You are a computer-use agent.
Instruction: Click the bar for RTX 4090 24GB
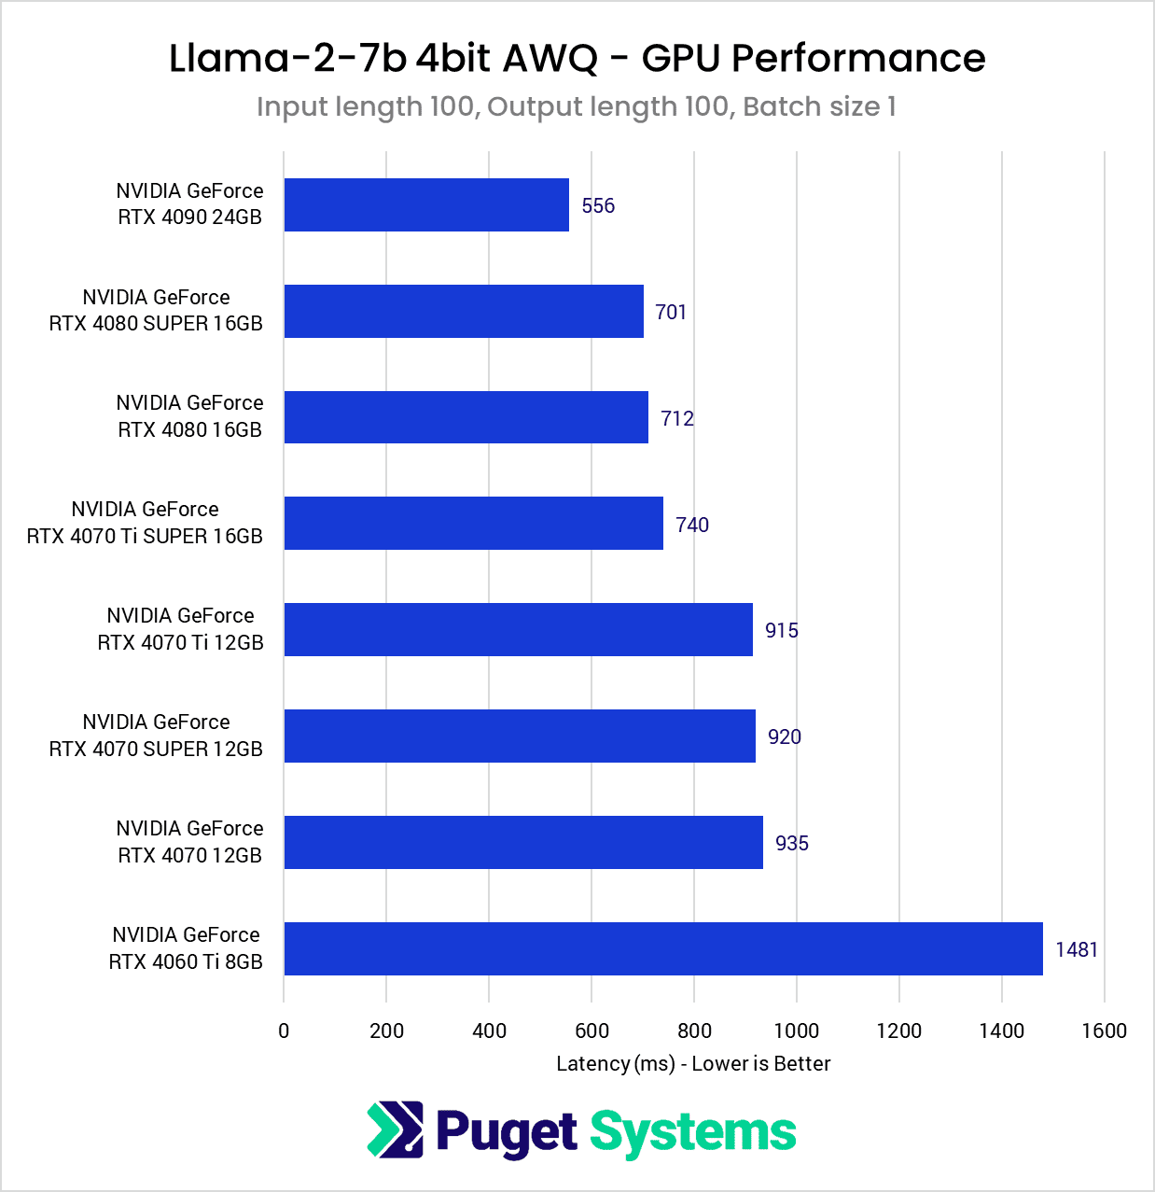tap(426, 205)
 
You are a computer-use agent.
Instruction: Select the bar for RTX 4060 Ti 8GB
tap(663, 949)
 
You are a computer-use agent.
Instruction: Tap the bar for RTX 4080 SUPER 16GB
tap(464, 312)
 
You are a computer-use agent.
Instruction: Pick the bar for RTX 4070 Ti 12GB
tap(519, 630)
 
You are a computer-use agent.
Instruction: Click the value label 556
tap(598, 206)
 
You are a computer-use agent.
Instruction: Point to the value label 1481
tap(1077, 950)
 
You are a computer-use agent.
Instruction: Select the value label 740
tap(692, 526)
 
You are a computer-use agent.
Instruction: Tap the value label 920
tap(785, 737)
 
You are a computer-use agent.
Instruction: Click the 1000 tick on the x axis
tap(797, 1031)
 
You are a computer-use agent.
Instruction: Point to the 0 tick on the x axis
tap(284, 1031)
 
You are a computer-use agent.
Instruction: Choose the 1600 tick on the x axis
tap(1105, 1031)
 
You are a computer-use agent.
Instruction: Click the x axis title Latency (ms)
tap(693, 1064)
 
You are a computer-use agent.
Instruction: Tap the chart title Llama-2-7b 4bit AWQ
tap(577, 58)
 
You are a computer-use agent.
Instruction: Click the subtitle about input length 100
tap(577, 107)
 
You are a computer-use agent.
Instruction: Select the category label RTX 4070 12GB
tap(189, 842)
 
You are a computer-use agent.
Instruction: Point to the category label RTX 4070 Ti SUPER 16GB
tap(145, 523)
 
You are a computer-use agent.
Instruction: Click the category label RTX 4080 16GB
tap(189, 416)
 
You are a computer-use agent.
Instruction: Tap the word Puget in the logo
tap(507, 1132)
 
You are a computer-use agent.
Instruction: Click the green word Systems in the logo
tap(693, 1132)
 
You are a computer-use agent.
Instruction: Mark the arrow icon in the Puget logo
tap(395, 1130)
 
